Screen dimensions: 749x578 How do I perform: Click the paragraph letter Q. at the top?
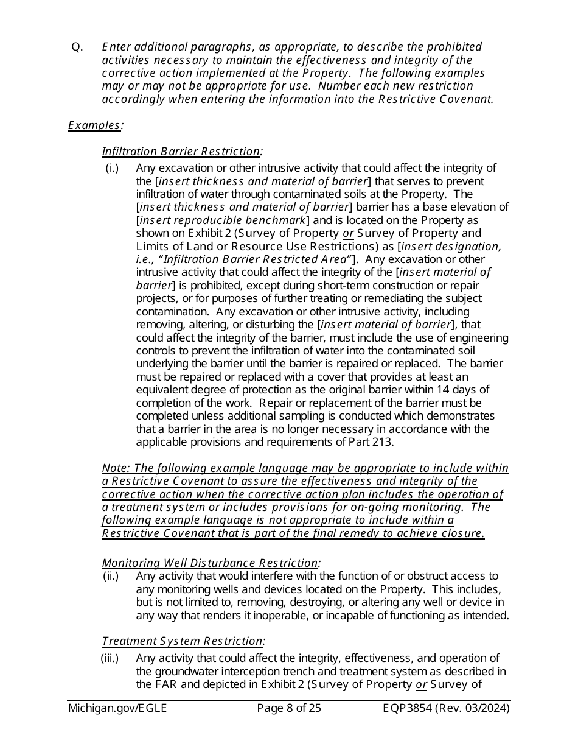pyautogui.click(x=77, y=47)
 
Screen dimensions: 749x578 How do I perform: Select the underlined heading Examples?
pyautogui.click(x=96, y=125)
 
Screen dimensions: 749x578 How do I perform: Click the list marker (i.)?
pyautogui.click(x=112, y=168)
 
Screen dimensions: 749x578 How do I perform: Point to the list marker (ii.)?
pyautogui.click(x=111, y=576)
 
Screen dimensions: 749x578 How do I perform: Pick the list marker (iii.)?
pyautogui.click(x=110, y=658)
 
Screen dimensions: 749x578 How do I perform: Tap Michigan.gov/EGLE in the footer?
pyautogui.click(x=117, y=708)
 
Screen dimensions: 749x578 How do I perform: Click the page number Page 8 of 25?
pyautogui.click(x=289, y=708)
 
